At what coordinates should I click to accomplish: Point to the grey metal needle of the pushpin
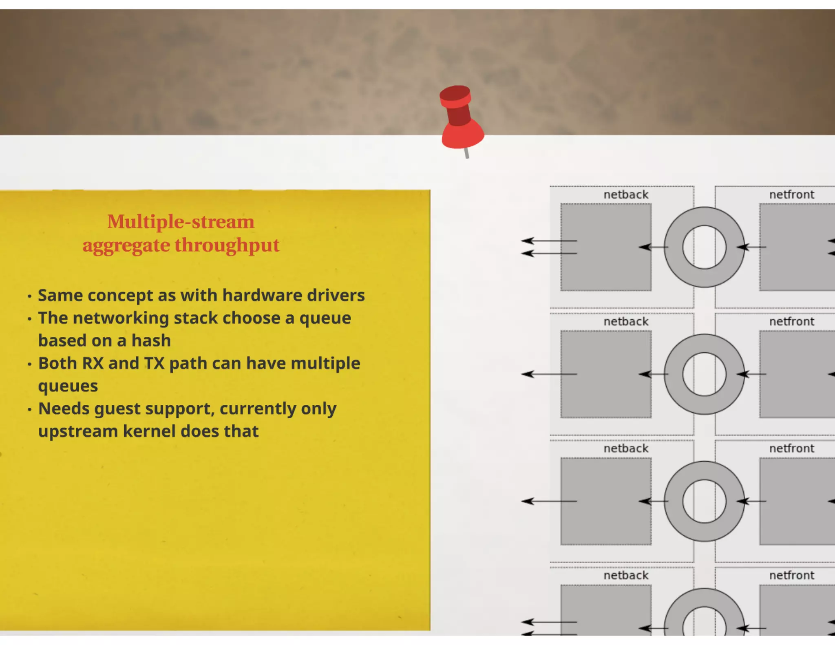point(466,153)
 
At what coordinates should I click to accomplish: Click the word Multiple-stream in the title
point(181,222)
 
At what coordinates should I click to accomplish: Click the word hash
point(151,341)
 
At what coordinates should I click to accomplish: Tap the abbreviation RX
point(93,363)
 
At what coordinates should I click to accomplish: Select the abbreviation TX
point(154,363)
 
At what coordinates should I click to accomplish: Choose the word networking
point(121,318)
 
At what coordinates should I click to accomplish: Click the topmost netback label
point(626,195)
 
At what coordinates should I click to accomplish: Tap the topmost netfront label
point(791,195)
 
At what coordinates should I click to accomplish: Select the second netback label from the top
point(626,322)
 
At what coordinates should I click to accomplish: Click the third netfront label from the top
point(791,448)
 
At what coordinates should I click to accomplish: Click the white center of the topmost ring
point(704,247)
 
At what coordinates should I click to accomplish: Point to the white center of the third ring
point(704,501)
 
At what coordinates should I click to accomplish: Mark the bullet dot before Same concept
point(29,296)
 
